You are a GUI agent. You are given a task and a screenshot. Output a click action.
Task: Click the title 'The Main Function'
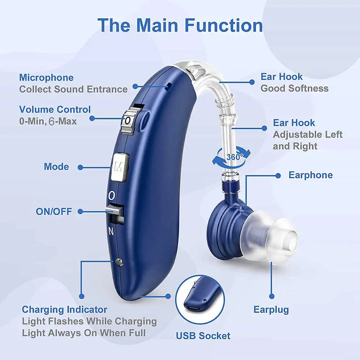180,25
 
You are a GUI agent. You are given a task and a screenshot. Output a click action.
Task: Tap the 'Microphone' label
46,77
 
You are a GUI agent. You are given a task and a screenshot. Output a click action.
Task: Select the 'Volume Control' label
55,109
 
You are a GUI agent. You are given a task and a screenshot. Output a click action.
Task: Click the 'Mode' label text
56,167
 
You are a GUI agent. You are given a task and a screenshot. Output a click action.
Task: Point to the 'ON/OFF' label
54,211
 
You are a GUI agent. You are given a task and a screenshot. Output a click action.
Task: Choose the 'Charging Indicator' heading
64,310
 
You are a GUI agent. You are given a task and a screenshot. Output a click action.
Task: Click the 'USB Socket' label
203,336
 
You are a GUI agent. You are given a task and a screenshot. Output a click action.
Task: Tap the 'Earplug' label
271,310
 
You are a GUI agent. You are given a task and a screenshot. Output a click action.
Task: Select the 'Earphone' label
311,175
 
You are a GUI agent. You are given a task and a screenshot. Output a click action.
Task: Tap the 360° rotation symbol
230,157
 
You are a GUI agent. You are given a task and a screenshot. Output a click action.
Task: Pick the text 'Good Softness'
294,89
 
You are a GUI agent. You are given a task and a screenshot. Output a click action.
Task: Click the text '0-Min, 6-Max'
48,121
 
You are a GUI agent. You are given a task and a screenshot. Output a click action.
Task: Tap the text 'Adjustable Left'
307,135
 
